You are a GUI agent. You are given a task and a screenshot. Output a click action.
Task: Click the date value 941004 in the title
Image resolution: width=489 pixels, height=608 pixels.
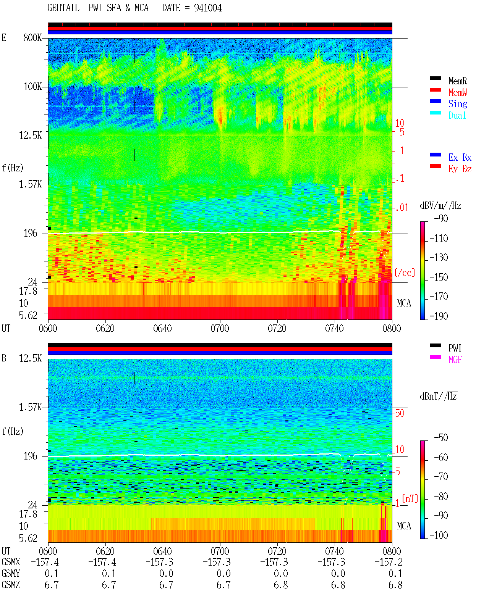208,8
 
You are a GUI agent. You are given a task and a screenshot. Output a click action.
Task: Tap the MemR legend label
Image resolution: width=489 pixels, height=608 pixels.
458,81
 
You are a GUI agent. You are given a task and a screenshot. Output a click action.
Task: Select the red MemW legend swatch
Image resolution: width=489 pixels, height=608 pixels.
435,90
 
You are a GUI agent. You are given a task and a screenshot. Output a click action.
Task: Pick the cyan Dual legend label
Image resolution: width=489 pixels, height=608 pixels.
457,115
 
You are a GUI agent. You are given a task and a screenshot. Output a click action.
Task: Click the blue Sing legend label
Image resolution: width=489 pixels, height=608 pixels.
458,104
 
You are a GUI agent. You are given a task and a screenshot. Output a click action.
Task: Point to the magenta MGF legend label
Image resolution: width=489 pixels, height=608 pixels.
455,360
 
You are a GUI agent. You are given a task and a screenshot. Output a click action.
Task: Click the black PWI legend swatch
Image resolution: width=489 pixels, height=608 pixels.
435,345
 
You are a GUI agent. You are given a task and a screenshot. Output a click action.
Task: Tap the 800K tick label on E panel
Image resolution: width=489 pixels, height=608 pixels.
32,37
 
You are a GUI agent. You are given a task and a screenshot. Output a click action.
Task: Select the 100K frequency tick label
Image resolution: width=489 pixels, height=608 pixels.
32,87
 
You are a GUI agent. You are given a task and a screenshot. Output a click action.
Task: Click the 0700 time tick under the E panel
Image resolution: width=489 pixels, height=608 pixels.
220,329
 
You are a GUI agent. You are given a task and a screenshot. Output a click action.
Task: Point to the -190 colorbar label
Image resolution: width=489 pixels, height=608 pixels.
439,316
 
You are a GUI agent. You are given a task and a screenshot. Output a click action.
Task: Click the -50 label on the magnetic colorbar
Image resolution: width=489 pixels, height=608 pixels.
441,438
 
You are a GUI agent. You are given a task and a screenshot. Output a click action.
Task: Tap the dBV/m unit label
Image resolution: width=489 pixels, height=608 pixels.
440,205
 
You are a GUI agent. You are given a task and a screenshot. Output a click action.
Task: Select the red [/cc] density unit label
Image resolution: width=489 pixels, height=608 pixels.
405,273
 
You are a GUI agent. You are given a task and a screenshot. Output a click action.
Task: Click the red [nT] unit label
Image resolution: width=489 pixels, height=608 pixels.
410,498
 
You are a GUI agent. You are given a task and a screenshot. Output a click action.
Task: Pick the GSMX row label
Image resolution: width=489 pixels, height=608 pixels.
11,562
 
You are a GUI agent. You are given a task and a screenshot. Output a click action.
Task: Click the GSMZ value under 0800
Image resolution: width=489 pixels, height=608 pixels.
395,585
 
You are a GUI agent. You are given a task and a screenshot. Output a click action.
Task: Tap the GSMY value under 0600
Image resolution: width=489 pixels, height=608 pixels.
52,574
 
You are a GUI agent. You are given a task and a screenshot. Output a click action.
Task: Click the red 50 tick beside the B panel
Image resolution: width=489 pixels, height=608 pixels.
400,413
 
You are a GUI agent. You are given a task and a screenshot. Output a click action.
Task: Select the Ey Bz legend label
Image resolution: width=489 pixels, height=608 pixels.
460,169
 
